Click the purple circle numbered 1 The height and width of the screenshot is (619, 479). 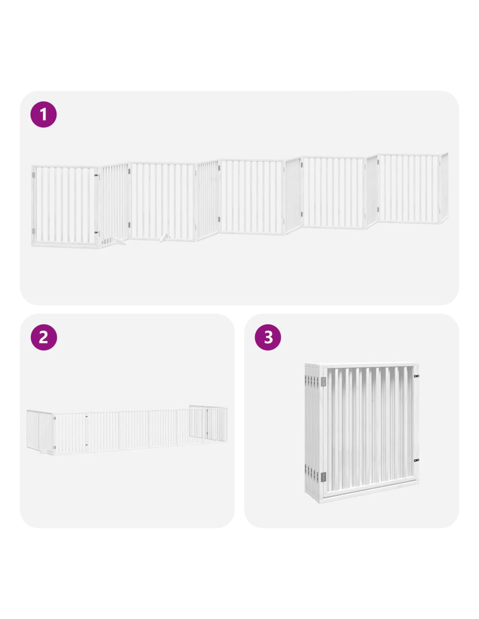click(x=44, y=114)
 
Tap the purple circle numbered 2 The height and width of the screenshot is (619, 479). click(x=44, y=337)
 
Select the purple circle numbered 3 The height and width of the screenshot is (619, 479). click(x=268, y=337)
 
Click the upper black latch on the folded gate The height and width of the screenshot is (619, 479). click(x=416, y=376)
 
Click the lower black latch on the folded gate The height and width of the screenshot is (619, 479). click(x=416, y=460)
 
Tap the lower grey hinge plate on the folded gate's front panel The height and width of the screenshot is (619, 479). click(x=323, y=475)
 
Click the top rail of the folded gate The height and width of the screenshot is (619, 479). click(x=371, y=366)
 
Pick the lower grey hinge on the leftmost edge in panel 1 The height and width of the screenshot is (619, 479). click(x=34, y=231)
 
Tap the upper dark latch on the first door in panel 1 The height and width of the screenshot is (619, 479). click(x=96, y=176)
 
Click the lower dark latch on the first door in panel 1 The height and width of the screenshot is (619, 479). click(x=96, y=233)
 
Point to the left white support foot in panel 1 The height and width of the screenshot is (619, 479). click(x=119, y=242)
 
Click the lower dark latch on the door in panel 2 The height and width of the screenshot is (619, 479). click(x=86, y=445)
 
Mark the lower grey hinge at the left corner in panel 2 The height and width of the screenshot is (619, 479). click(x=54, y=447)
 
